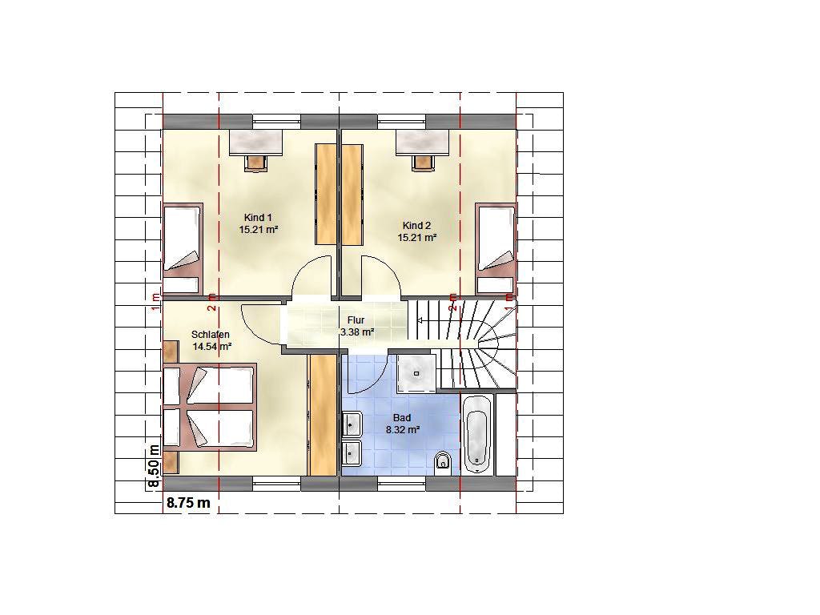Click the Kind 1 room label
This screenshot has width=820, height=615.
click(258, 218)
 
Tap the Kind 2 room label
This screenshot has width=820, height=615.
click(416, 226)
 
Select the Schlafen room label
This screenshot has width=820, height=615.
click(211, 335)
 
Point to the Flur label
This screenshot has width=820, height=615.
click(356, 320)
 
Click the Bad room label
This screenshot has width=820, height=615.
click(402, 418)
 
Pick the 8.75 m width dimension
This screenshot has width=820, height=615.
click(188, 503)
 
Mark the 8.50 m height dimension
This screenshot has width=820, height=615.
click(154, 466)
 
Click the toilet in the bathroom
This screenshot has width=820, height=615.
click(443, 462)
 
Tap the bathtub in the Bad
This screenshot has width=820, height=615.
click(476, 435)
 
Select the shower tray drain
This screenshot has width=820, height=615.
click(416, 373)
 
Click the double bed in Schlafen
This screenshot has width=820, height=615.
click(210, 407)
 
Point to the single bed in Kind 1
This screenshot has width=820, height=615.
click(183, 249)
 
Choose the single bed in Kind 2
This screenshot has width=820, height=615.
click(495, 249)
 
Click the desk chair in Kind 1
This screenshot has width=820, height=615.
click(255, 163)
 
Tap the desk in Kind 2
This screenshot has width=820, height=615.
click(423, 143)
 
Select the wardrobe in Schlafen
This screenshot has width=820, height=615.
click(322, 416)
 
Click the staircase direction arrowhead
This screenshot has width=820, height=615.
click(419, 320)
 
